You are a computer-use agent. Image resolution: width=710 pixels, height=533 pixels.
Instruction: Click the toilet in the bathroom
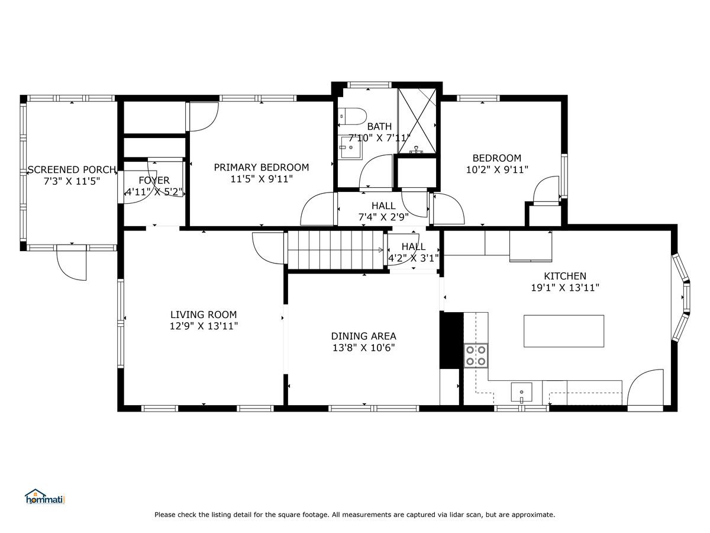pos(352,116)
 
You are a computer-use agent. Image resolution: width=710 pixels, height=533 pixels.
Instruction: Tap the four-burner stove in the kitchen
pos(476,355)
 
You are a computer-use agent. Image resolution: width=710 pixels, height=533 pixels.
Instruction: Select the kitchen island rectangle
pos(563,331)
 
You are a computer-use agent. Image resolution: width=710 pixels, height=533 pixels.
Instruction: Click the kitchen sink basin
pos(521,392)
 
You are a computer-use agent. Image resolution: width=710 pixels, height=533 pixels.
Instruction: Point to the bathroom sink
pos(351,147)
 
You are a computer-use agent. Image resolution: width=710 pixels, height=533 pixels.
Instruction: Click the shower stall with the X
pos(417,121)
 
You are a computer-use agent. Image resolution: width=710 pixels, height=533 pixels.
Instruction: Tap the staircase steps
pos(335,249)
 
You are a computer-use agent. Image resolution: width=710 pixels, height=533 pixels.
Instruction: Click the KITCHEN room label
pos(565,276)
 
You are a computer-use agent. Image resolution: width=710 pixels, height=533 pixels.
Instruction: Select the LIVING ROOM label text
pos(204,314)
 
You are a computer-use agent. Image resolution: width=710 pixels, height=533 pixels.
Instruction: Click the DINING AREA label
pos(363,336)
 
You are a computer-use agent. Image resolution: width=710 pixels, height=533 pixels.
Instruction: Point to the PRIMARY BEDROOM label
pos(262,168)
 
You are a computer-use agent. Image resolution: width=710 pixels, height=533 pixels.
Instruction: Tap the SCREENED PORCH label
pos(72,169)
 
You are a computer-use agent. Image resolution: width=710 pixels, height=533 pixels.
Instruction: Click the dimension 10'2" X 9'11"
pos(497,169)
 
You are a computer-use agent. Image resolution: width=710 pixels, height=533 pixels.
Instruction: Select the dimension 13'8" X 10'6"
pos(363,348)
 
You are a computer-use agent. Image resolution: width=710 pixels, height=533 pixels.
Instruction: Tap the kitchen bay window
pos(682,297)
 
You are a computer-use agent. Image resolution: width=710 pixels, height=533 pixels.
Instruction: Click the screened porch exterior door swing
pos(72,262)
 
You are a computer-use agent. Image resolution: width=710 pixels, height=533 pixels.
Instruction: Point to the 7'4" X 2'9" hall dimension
pos(383,217)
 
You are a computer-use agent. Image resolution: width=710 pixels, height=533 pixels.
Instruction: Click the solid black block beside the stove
pos(451,340)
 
